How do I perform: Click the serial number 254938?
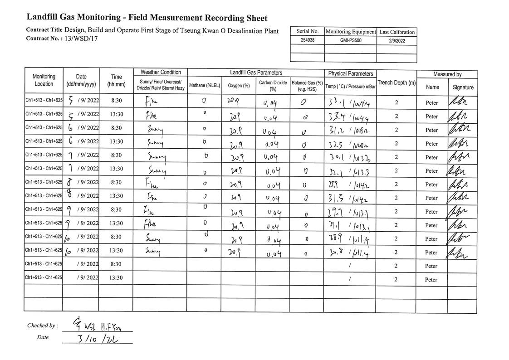(307, 40)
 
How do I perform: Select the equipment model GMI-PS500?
(351, 40)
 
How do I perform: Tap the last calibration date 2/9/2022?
(397, 40)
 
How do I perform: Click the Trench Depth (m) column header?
(396, 83)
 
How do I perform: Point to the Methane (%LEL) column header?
(204, 85)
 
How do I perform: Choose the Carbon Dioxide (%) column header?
(273, 86)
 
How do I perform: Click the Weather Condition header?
(161, 73)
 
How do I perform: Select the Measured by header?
(447, 74)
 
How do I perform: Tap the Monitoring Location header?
(44, 80)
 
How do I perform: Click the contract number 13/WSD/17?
(81, 39)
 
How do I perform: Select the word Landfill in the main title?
(42, 17)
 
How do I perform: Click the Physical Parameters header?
(351, 73)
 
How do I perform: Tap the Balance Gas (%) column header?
(307, 86)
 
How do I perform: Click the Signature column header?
(463, 88)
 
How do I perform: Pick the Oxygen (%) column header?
(239, 85)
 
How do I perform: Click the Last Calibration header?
(397, 32)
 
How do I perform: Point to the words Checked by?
(42, 326)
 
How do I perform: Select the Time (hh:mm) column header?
(116, 80)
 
